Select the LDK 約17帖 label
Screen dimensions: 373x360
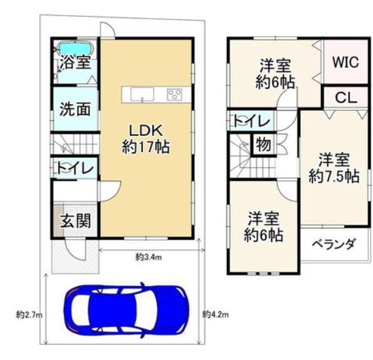[x=145, y=139]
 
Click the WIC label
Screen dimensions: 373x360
[x=345, y=62]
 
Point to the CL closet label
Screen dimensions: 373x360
[x=346, y=98]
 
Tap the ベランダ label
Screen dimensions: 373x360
[x=334, y=244]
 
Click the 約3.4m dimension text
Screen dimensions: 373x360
[x=149, y=257]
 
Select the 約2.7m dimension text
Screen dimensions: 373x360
[x=29, y=315]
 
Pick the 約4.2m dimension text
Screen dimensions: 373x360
[x=216, y=314]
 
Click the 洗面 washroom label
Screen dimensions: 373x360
[x=75, y=109]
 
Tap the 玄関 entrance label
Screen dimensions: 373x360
[x=75, y=221]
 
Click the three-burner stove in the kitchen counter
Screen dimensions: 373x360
[x=175, y=95]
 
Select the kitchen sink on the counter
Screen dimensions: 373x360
[x=142, y=95]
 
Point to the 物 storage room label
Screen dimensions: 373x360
[x=263, y=145]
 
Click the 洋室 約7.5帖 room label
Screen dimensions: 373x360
[x=334, y=168]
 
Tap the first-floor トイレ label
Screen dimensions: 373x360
[x=75, y=168]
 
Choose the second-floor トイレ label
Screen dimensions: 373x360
[x=251, y=121]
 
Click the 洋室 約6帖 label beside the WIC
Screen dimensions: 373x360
[x=275, y=74]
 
